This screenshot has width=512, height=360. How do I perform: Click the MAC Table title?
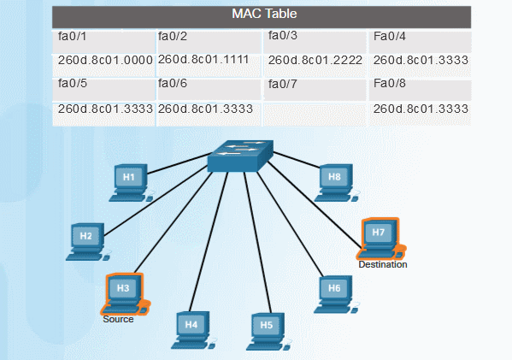[264, 15]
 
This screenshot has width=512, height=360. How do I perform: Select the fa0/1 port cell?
[104, 38]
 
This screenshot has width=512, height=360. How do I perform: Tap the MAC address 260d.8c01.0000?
[104, 61]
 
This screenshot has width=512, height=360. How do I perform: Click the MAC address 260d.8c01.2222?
[315, 61]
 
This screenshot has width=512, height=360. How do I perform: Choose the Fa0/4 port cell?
[421, 38]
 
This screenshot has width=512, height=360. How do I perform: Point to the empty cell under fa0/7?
[315, 109]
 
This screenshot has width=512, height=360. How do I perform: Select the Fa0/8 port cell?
[421, 86]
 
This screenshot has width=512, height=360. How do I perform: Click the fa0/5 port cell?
[104, 86]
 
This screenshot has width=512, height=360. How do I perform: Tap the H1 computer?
[130, 181]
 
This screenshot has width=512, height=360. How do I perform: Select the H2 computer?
[86, 240]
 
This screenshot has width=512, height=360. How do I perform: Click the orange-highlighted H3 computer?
[124, 293]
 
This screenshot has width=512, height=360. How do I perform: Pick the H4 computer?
[191, 330]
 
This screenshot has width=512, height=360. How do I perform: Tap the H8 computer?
[334, 181]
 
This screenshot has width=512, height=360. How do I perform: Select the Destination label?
[382, 264]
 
